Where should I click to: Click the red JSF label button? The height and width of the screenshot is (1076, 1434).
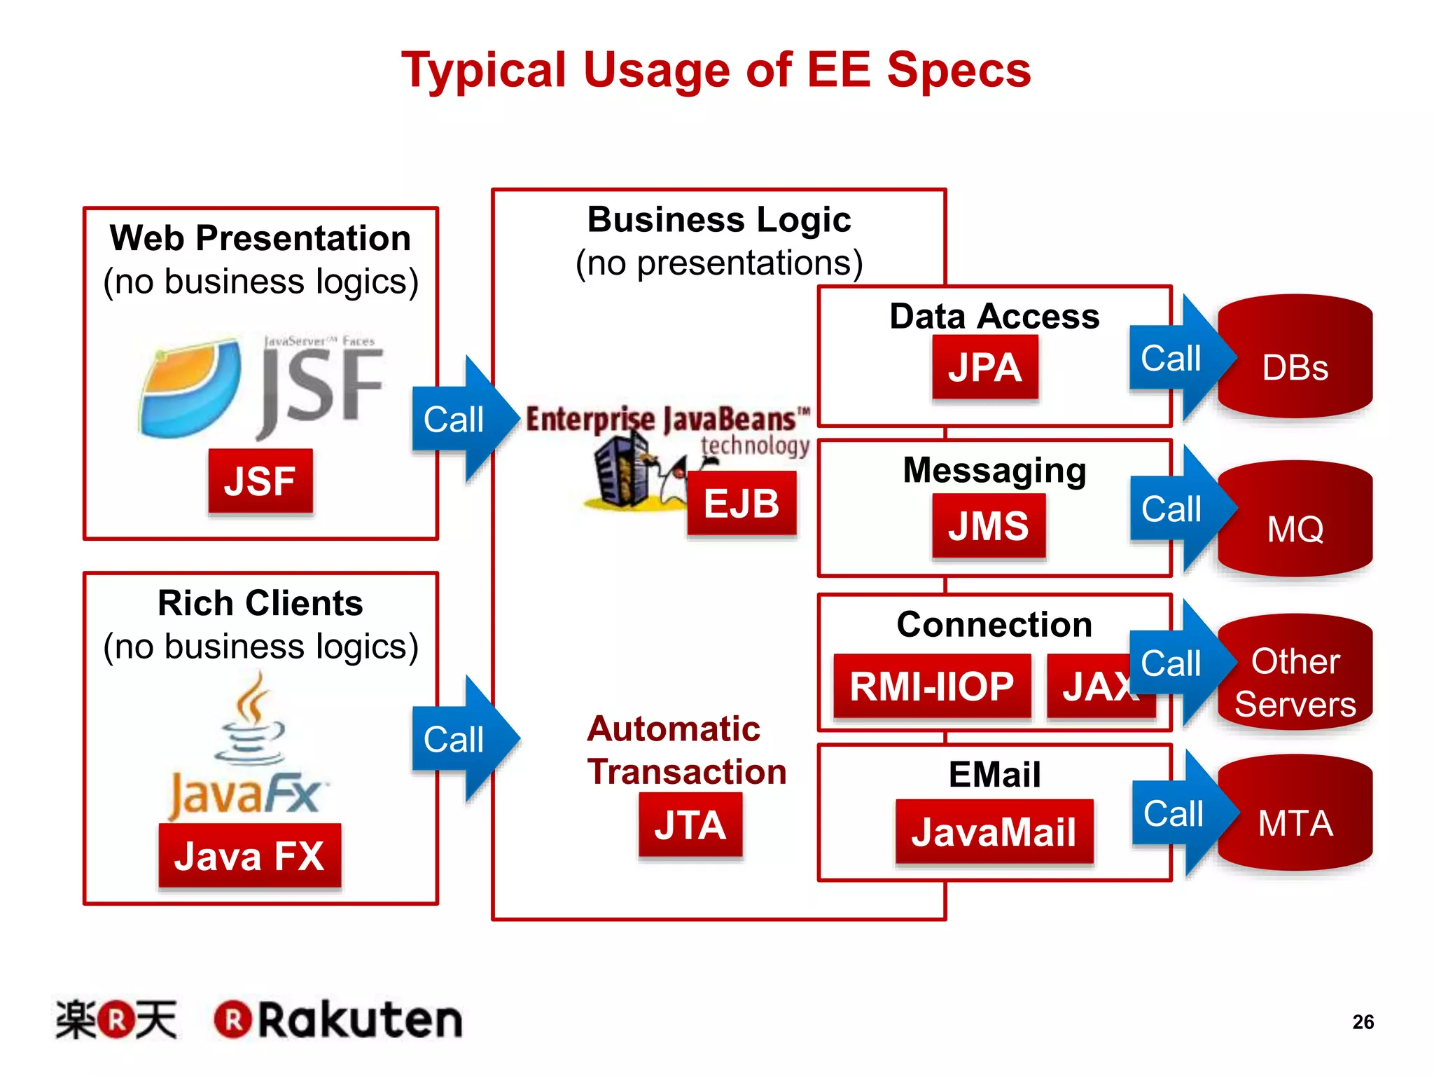click(260, 481)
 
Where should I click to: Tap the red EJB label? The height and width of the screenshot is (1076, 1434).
click(742, 503)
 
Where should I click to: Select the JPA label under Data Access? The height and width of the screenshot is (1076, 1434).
click(984, 367)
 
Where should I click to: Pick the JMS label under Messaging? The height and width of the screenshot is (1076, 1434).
click(988, 525)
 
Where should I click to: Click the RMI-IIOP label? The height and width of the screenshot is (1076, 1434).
click(931, 686)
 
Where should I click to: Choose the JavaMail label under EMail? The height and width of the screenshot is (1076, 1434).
click(994, 832)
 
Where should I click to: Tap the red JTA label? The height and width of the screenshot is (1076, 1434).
click(690, 825)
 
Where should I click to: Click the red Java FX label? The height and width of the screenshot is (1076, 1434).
click(249, 855)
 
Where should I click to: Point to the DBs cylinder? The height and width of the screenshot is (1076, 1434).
click(1295, 357)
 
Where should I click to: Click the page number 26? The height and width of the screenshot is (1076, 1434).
click(1363, 1022)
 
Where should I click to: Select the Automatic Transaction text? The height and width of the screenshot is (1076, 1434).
click(686, 750)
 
